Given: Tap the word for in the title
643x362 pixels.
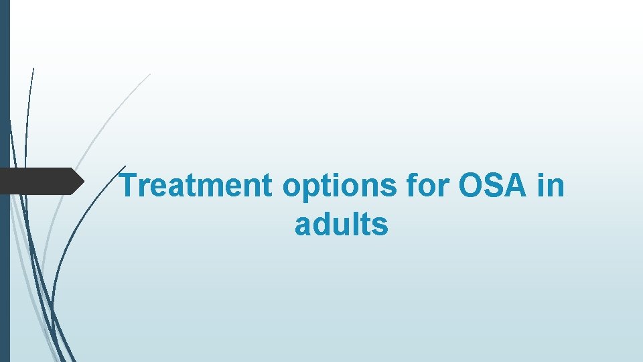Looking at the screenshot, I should pyautogui.click(x=427, y=186).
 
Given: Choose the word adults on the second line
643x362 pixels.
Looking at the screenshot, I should pyautogui.click(x=341, y=225).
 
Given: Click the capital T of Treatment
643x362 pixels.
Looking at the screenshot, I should pyautogui.click(x=129, y=186).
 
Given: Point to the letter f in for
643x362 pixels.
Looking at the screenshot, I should pyautogui.click(x=410, y=185).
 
